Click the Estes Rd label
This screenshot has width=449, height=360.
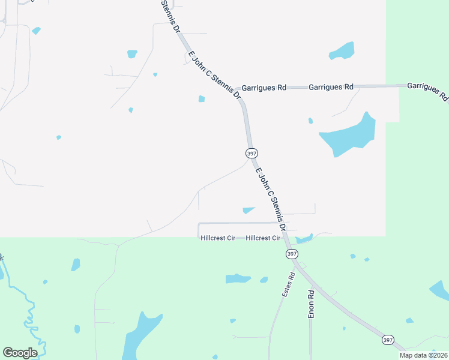[288, 286]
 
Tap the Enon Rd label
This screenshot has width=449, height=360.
[311, 304]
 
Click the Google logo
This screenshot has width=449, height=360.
[20, 353]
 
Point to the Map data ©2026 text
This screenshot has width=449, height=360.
[423, 355]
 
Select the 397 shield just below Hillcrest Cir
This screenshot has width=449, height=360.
[291, 254]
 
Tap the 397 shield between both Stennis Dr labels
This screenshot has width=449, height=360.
[252, 154]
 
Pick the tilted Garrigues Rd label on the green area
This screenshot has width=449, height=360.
[427, 91]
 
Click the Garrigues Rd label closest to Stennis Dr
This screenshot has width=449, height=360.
[264, 88]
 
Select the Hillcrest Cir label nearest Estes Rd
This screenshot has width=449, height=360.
[263, 238]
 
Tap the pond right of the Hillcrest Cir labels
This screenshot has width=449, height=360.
[304, 238]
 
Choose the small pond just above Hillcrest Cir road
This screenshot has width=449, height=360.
[249, 210]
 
